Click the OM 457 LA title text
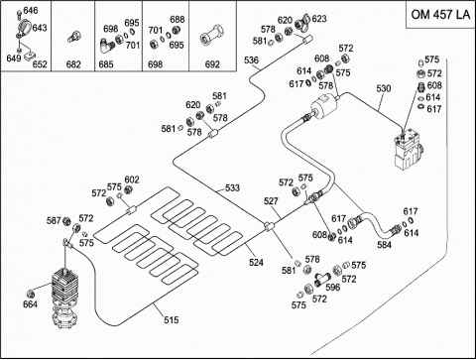pyautogui.click(x=440, y=14)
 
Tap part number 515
pyautogui.click(x=172, y=319)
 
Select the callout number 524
pyautogui.click(x=256, y=262)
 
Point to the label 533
pyautogui.click(x=232, y=187)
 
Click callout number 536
pyautogui.click(x=251, y=60)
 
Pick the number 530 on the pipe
pyautogui.click(x=384, y=88)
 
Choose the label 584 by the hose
pyautogui.click(x=384, y=245)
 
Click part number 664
pyautogui.click(x=30, y=303)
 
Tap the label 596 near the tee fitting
pyautogui.click(x=333, y=287)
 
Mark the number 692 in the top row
pyautogui.click(x=212, y=64)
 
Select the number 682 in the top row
pyautogui.click(x=73, y=64)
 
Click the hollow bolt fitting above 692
pyautogui.click(x=212, y=35)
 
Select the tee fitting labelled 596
pyautogui.click(x=322, y=279)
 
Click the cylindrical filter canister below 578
pyautogui.click(x=324, y=104)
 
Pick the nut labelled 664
pyautogui.click(x=31, y=294)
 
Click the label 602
pyautogui.click(x=132, y=180)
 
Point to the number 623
pyautogui.click(x=319, y=19)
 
